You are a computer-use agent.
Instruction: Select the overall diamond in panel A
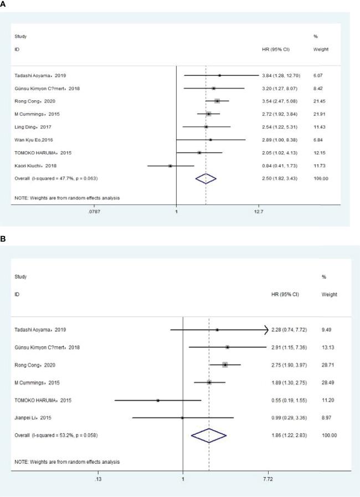(205, 178)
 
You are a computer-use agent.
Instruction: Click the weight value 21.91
(321, 114)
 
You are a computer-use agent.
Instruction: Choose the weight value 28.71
(329, 365)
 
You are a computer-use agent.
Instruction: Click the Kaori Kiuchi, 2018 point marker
(170, 165)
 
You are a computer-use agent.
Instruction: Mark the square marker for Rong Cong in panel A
(217, 101)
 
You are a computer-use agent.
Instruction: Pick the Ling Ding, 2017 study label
(33, 127)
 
